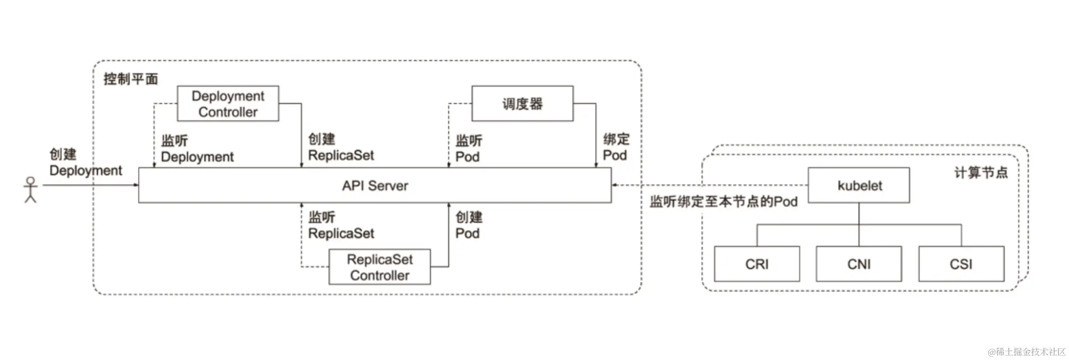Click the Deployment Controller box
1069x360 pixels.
pyautogui.click(x=228, y=104)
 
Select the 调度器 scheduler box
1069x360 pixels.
pyautogui.click(x=522, y=104)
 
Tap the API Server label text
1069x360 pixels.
pyautogui.click(x=375, y=186)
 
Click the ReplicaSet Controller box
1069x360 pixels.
pyautogui.click(x=379, y=267)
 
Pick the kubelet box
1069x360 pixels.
pyautogui.click(x=859, y=185)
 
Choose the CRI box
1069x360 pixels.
pyautogui.click(x=757, y=264)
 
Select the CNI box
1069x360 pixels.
pyautogui.click(x=859, y=264)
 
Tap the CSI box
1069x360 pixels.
pyautogui.click(x=961, y=264)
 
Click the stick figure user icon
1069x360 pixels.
pyautogui.click(x=31, y=190)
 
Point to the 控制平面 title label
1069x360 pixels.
pyautogui.click(x=131, y=79)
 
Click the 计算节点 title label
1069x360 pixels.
pyautogui.click(x=981, y=173)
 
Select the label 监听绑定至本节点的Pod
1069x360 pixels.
pyautogui.click(x=723, y=202)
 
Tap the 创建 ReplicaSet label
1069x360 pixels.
pyautogui.click(x=341, y=148)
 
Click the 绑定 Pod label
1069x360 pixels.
pyautogui.click(x=616, y=148)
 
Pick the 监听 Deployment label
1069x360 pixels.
pyautogui.click(x=197, y=149)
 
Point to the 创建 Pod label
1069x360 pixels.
pyautogui.click(x=468, y=225)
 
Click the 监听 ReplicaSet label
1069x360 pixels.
pyautogui.click(x=341, y=225)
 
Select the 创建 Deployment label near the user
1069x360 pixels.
pyautogui.click(x=86, y=162)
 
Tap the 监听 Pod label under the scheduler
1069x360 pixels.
pyautogui.click(x=468, y=149)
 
